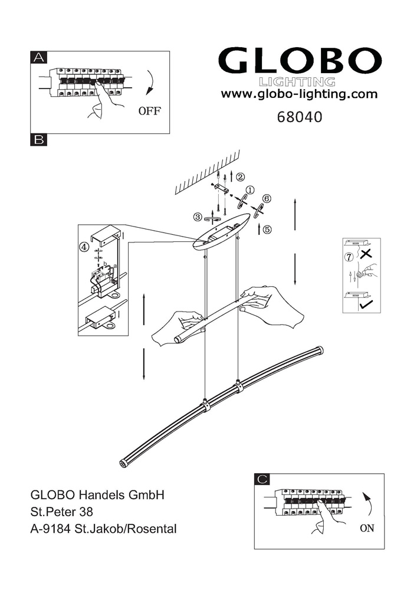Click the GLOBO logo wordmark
coord(300,61)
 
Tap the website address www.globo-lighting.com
coord(299,94)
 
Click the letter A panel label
coord(39,57)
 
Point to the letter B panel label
coord(39,140)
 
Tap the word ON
coord(367,528)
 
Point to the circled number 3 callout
coord(198,217)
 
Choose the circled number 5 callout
coord(267,230)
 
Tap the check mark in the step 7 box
coord(367,304)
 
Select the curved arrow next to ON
coord(370,504)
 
